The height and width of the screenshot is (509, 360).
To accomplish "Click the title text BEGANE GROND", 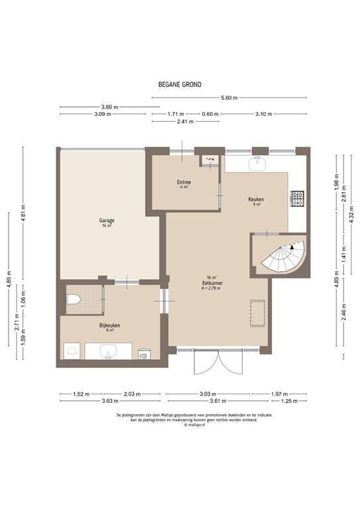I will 180,84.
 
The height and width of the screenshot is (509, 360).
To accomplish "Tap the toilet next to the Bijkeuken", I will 74,300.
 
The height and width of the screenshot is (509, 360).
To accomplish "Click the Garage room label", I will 106,221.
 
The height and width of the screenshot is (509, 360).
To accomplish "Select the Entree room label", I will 184,183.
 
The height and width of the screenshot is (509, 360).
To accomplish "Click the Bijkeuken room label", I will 109,325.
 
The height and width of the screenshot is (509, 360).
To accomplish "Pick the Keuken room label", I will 256,200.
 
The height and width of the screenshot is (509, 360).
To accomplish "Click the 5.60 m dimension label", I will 229,98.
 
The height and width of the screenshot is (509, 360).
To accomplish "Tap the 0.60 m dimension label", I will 210,114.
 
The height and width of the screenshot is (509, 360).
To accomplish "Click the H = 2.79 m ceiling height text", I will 212,288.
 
